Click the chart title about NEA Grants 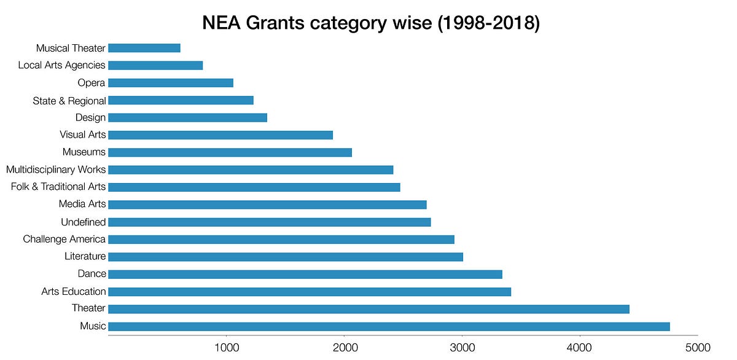(x=371, y=23)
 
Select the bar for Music (x=389, y=326)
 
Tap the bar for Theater (x=368, y=309)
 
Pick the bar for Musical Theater (x=144, y=48)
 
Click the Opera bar (x=171, y=83)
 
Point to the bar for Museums (x=230, y=152)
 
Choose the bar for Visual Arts (x=220, y=135)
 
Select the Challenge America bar (x=281, y=240)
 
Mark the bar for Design (x=187, y=118)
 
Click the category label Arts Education (x=74, y=291)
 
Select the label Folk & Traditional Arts (x=58, y=187)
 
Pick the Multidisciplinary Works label (x=56, y=170)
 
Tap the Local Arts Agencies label (x=62, y=65)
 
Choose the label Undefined (x=83, y=222)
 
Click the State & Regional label (x=69, y=101)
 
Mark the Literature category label (x=85, y=256)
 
